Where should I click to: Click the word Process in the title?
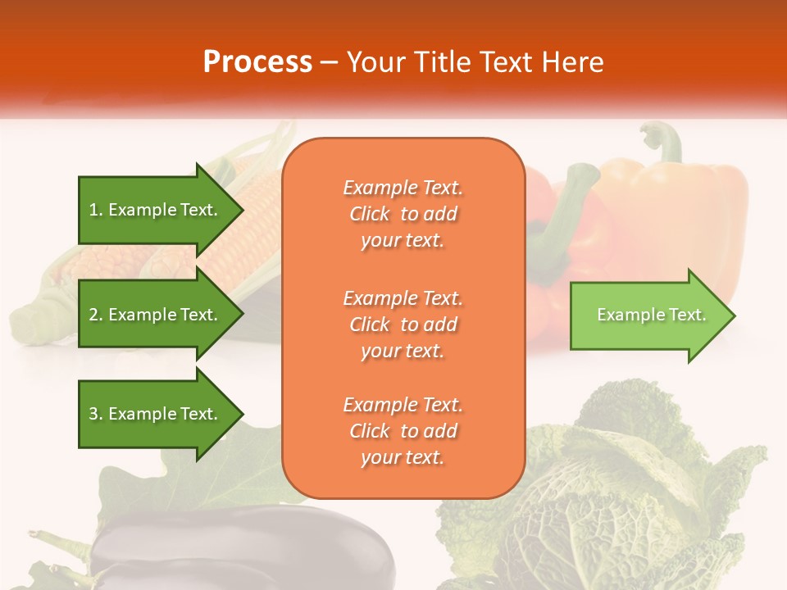pyautogui.click(x=257, y=62)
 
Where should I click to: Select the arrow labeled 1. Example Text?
pyautogui.click(x=156, y=210)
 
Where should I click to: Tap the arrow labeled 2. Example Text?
pyautogui.click(x=156, y=315)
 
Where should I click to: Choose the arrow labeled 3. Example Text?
pyautogui.click(x=156, y=414)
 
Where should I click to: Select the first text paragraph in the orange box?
pyautogui.click(x=403, y=214)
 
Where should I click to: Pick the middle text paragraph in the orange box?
pyautogui.click(x=403, y=324)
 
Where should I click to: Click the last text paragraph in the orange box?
pyautogui.click(x=403, y=431)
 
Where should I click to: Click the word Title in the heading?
pyautogui.click(x=443, y=62)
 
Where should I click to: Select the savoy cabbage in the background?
pyautogui.click(x=623, y=492)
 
